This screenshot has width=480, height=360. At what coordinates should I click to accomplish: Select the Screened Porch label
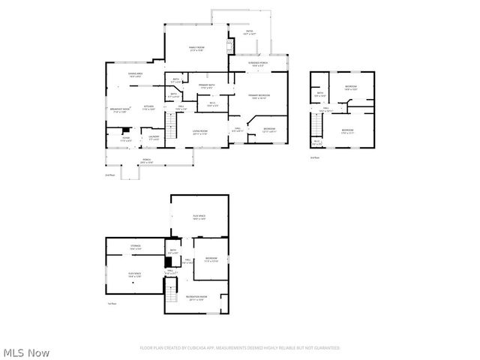click(x=258, y=64)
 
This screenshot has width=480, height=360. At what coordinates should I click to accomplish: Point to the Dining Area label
click(x=136, y=75)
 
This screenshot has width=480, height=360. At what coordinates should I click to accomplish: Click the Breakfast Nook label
click(x=121, y=110)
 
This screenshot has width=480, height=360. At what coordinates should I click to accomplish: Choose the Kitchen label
click(x=148, y=108)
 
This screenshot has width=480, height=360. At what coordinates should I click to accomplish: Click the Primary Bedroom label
click(x=259, y=97)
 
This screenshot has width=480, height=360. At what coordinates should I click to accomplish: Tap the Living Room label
click(x=199, y=133)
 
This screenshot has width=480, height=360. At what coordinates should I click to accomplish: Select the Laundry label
click(x=154, y=138)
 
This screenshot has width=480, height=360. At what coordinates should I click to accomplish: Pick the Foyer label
click(x=127, y=139)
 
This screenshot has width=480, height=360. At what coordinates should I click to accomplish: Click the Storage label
click(x=136, y=247)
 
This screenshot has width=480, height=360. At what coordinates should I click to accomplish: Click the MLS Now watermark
click(x=27, y=352)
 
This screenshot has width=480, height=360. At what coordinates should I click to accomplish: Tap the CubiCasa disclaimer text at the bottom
click(x=240, y=348)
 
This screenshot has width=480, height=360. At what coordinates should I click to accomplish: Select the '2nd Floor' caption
click(x=110, y=175)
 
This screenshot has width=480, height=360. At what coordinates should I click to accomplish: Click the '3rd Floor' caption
click(x=315, y=158)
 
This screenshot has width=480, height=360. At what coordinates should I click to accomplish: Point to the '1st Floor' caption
click(x=111, y=304)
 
